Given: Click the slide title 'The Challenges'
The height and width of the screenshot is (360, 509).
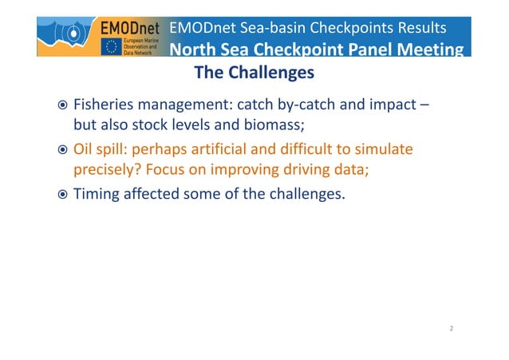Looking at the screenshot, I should (x=254, y=73).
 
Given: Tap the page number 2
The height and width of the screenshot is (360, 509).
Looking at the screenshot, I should (x=452, y=328).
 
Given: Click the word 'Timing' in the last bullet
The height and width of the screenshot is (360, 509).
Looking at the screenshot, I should (x=96, y=192).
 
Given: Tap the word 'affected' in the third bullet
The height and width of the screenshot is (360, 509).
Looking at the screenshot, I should (x=152, y=192).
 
